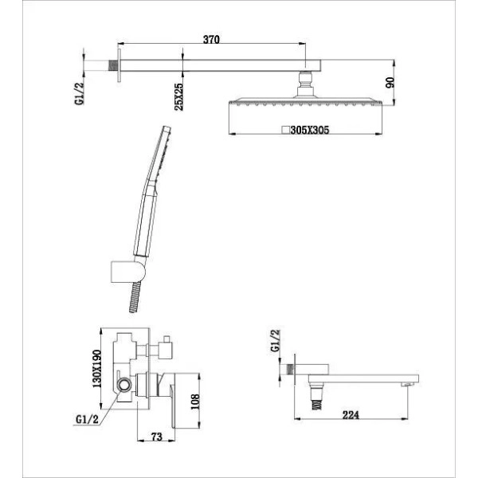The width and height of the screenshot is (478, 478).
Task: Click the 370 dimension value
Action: coord(211,39)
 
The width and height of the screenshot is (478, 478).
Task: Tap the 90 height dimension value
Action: coord(390,82)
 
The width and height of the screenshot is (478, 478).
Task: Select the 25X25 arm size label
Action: coord(178,96)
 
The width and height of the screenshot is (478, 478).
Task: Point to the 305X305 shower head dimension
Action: coord(310,130)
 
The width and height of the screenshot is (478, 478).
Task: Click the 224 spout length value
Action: coord(351,415)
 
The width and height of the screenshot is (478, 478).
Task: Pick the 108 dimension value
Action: coord(195,402)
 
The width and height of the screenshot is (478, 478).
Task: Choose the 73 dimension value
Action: coord(157,437)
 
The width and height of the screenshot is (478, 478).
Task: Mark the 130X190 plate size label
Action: coord(97,368)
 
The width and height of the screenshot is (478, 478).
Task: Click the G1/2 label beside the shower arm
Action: coord(79,93)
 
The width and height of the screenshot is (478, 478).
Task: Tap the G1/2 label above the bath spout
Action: coord(276,340)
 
